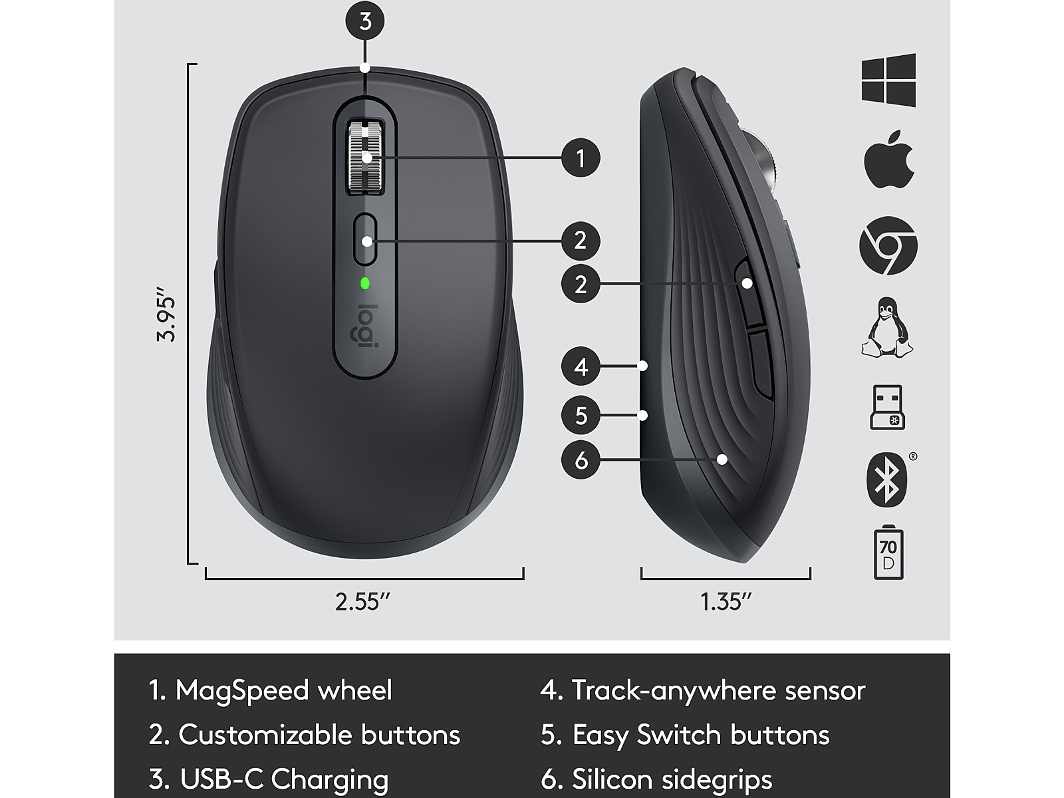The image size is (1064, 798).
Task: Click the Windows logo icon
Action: tap(888, 80)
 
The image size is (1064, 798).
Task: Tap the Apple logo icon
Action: tap(888, 159)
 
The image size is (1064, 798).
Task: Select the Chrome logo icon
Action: tap(888, 245)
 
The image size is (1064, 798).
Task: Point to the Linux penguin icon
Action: tap(887, 328)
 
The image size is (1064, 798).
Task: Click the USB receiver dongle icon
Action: tap(887, 407)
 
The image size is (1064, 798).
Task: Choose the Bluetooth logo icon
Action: tap(886, 479)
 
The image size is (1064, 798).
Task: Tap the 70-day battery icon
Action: tap(888, 552)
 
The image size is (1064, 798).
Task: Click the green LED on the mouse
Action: tap(365, 283)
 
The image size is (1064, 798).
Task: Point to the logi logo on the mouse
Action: tap(365, 327)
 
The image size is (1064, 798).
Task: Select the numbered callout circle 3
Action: tap(365, 21)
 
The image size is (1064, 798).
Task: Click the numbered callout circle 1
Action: tap(581, 158)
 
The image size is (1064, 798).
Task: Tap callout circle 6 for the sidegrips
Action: tap(581, 460)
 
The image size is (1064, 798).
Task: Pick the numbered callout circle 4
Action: tap(581, 366)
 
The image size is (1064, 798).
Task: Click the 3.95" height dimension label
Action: tap(166, 315)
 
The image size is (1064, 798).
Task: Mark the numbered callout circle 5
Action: tap(581, 415)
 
